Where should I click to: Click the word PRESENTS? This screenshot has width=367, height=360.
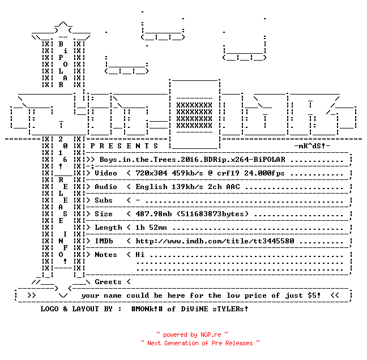click(124, 146)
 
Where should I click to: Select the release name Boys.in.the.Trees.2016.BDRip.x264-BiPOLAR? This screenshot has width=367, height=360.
click(192, 160)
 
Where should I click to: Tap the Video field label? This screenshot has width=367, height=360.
click(105, 173)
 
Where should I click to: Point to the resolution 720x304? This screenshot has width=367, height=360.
click(151, 173)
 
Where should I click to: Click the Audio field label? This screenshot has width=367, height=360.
click(105, 187)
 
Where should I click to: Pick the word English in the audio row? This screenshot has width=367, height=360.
click(151, 187)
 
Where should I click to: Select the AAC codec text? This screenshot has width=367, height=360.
click(233, 187)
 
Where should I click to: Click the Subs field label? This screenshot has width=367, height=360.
click(104, 200)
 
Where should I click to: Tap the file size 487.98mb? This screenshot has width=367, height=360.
click(153, 214)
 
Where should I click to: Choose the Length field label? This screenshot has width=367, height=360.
click(108, 228)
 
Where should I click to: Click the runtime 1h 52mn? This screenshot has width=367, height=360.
click(151, 228)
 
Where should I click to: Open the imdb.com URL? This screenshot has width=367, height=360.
click(215, 241)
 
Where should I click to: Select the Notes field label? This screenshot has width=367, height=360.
click(105, 255)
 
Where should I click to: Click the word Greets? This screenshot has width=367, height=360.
click(108, 282)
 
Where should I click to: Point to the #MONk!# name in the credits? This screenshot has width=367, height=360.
click(147, 308)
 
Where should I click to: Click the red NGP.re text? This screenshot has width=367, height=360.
click(211, 335)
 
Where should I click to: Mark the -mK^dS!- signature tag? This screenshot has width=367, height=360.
click(312, 146)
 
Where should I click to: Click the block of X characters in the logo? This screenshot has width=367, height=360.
click(194, 115)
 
